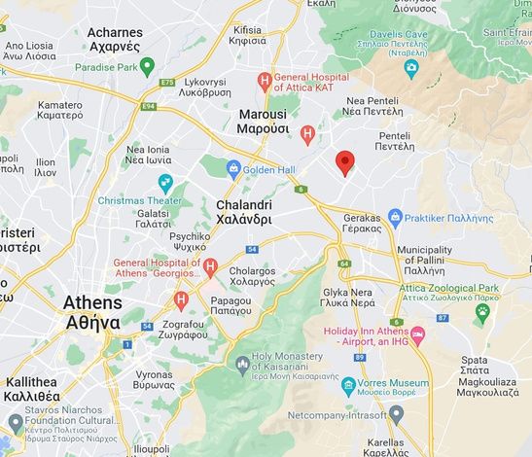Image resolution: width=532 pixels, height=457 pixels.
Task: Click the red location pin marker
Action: tap(344, 162)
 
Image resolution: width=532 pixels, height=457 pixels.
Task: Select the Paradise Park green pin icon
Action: tap(147, 67)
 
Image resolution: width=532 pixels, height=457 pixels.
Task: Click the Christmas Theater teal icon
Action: tap(164, 183)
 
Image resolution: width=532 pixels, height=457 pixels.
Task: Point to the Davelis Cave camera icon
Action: tap(411, 67)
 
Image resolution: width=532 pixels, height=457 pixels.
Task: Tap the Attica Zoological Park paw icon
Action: tap(482, 311)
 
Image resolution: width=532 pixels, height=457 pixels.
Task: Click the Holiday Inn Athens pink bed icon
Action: tap(418, 335)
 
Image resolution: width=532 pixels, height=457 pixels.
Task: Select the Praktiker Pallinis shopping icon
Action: tap(395, 216)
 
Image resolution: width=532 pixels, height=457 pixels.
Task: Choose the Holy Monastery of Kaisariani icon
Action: tap(242, 366)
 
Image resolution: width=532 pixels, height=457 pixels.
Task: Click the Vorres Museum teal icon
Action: tap(348, 387)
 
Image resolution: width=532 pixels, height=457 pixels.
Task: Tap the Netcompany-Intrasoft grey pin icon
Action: tap(396, 414)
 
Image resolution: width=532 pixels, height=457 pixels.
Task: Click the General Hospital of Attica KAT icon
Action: tap(264, 82)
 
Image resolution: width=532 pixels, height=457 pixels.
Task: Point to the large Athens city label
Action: tap(92, 312)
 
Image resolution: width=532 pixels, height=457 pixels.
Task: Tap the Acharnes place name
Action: tap(115, 39)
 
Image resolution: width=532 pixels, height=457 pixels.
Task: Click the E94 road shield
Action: tap(149, 106)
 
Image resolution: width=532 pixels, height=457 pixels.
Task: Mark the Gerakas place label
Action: tap(363, 225)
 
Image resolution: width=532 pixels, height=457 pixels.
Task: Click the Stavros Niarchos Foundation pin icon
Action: tap(15, 422)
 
